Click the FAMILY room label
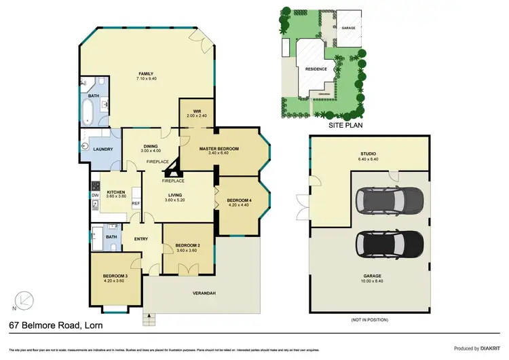point(146,73)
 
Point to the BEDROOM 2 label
point(186,245)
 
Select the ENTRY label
point(141,238)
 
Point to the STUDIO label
point(369,154)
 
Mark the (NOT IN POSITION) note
point(369,319)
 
